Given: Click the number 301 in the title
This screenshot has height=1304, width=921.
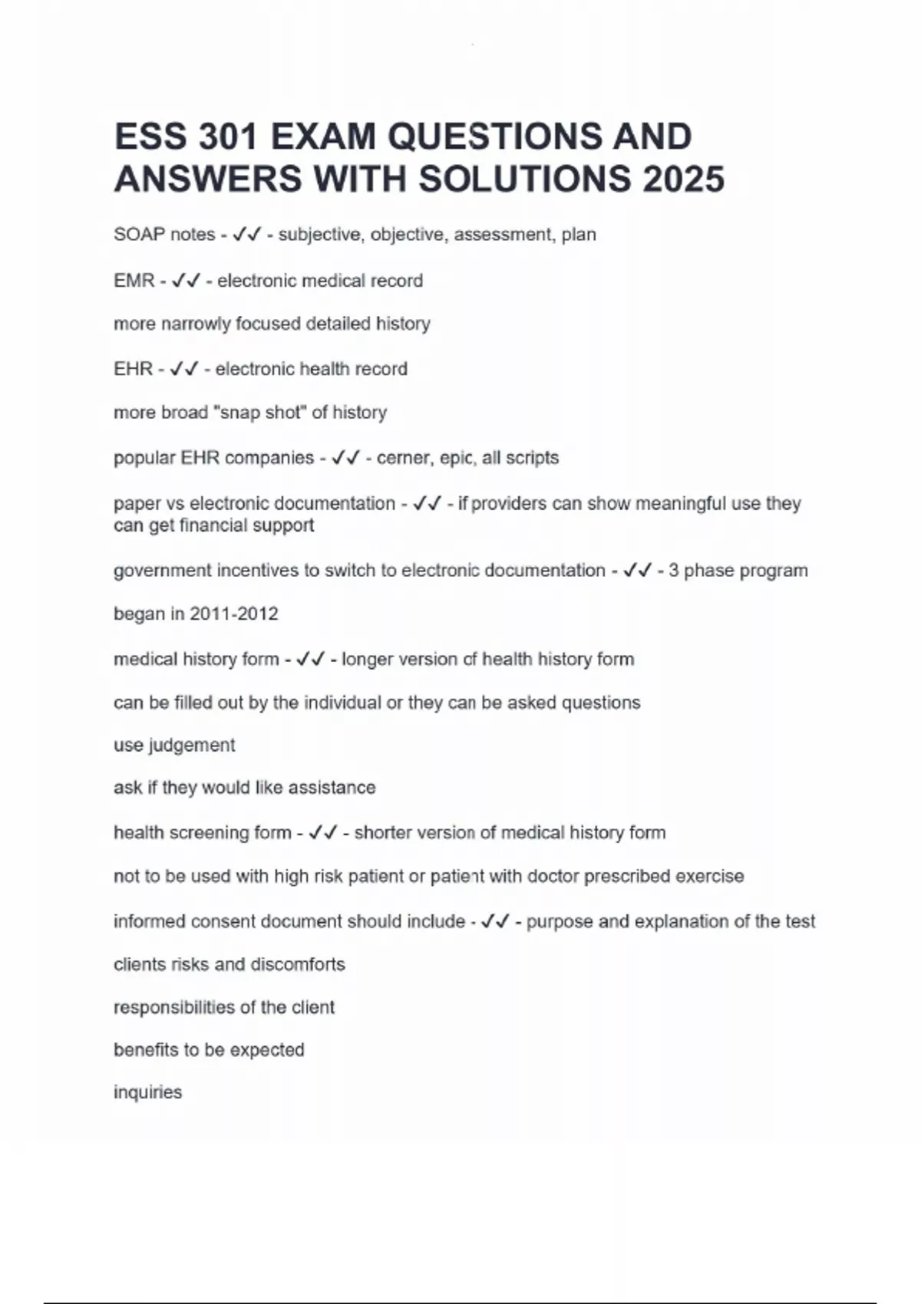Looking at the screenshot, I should pyautogui.click(x=227, y=137).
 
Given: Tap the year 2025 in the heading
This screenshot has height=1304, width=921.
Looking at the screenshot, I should pyautogui.click(x=683, y=179).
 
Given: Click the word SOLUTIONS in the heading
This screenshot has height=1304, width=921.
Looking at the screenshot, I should pyautogui.click(x=525, y=179).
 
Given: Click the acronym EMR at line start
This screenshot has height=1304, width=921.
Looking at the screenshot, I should pyautogui.click(x=134, y=281).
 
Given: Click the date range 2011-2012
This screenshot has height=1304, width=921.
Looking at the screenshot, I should pyautogui.click(x=233, y=614).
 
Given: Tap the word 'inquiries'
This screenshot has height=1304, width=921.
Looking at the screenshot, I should pyautogui.click(x=147, y=1092).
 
